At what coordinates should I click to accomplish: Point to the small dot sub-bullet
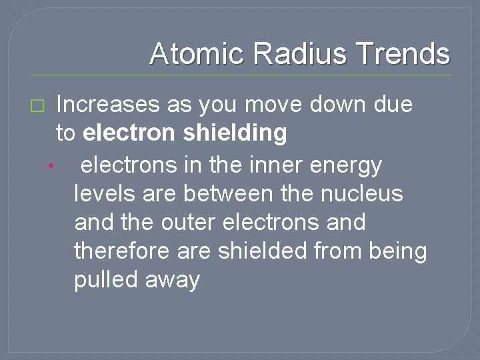tap(49, 166)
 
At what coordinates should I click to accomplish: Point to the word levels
tap(104, 193)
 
